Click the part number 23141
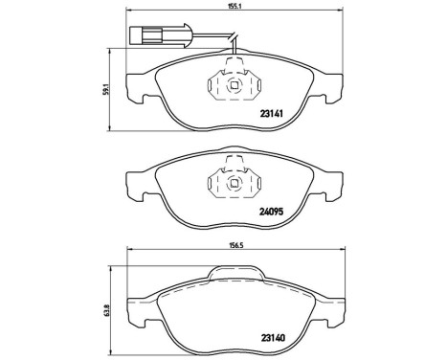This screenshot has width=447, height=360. click(x=274, y=113)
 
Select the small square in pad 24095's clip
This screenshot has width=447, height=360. click(x=231, y=182)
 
